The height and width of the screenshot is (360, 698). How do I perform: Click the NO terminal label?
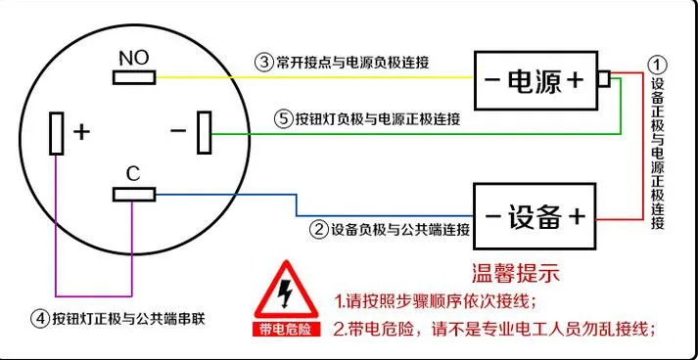pyautogui.click(x=134, y=58)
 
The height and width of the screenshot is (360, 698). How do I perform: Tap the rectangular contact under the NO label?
pyautogui.click(x=134, y=77)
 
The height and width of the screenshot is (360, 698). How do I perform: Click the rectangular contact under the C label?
pyautogui.click(x=134, y=195)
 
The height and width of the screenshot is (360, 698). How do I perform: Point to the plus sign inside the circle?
pyautogui.click(x=81, y=132)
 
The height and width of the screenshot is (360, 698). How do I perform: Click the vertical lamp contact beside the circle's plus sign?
pyautogui.click(x=57, y=133)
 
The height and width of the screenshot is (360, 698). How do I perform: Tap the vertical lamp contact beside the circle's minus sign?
pyautogui.click(x=205, y=133)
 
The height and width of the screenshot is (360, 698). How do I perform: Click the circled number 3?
pyautogui.click(x=263, y=63)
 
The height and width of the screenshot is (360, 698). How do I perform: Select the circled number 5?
pyautogui.click(x=283, y=119)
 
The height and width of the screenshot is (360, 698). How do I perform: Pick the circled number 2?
pyautogui.click(x=319, y=230)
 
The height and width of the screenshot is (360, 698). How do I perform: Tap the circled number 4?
pyautogui.click(x=39, y=319)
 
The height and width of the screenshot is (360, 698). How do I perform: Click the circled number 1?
pyautogui.click(x=657, y=66)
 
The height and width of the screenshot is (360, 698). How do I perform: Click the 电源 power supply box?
pyautogui.click(x=535, y=80)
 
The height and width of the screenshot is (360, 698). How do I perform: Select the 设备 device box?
pyautogui.click(x=535, y=216)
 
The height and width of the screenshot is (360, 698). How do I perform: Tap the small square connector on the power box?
pyautogui.click(x=604, y=79)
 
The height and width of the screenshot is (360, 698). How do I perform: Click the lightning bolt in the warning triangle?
pyautogui.click(x=284, y=294)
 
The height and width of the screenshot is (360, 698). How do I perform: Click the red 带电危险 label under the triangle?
pyautogui.click(x=287, y=330)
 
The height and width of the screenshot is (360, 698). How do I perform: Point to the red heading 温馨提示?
pyautogui.click(x=515, y=273)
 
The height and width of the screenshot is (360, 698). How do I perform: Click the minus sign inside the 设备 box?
pyautogui.click(x=492, y=217)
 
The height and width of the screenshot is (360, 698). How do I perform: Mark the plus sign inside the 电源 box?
pyautogui.click(x=575, y=80)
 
